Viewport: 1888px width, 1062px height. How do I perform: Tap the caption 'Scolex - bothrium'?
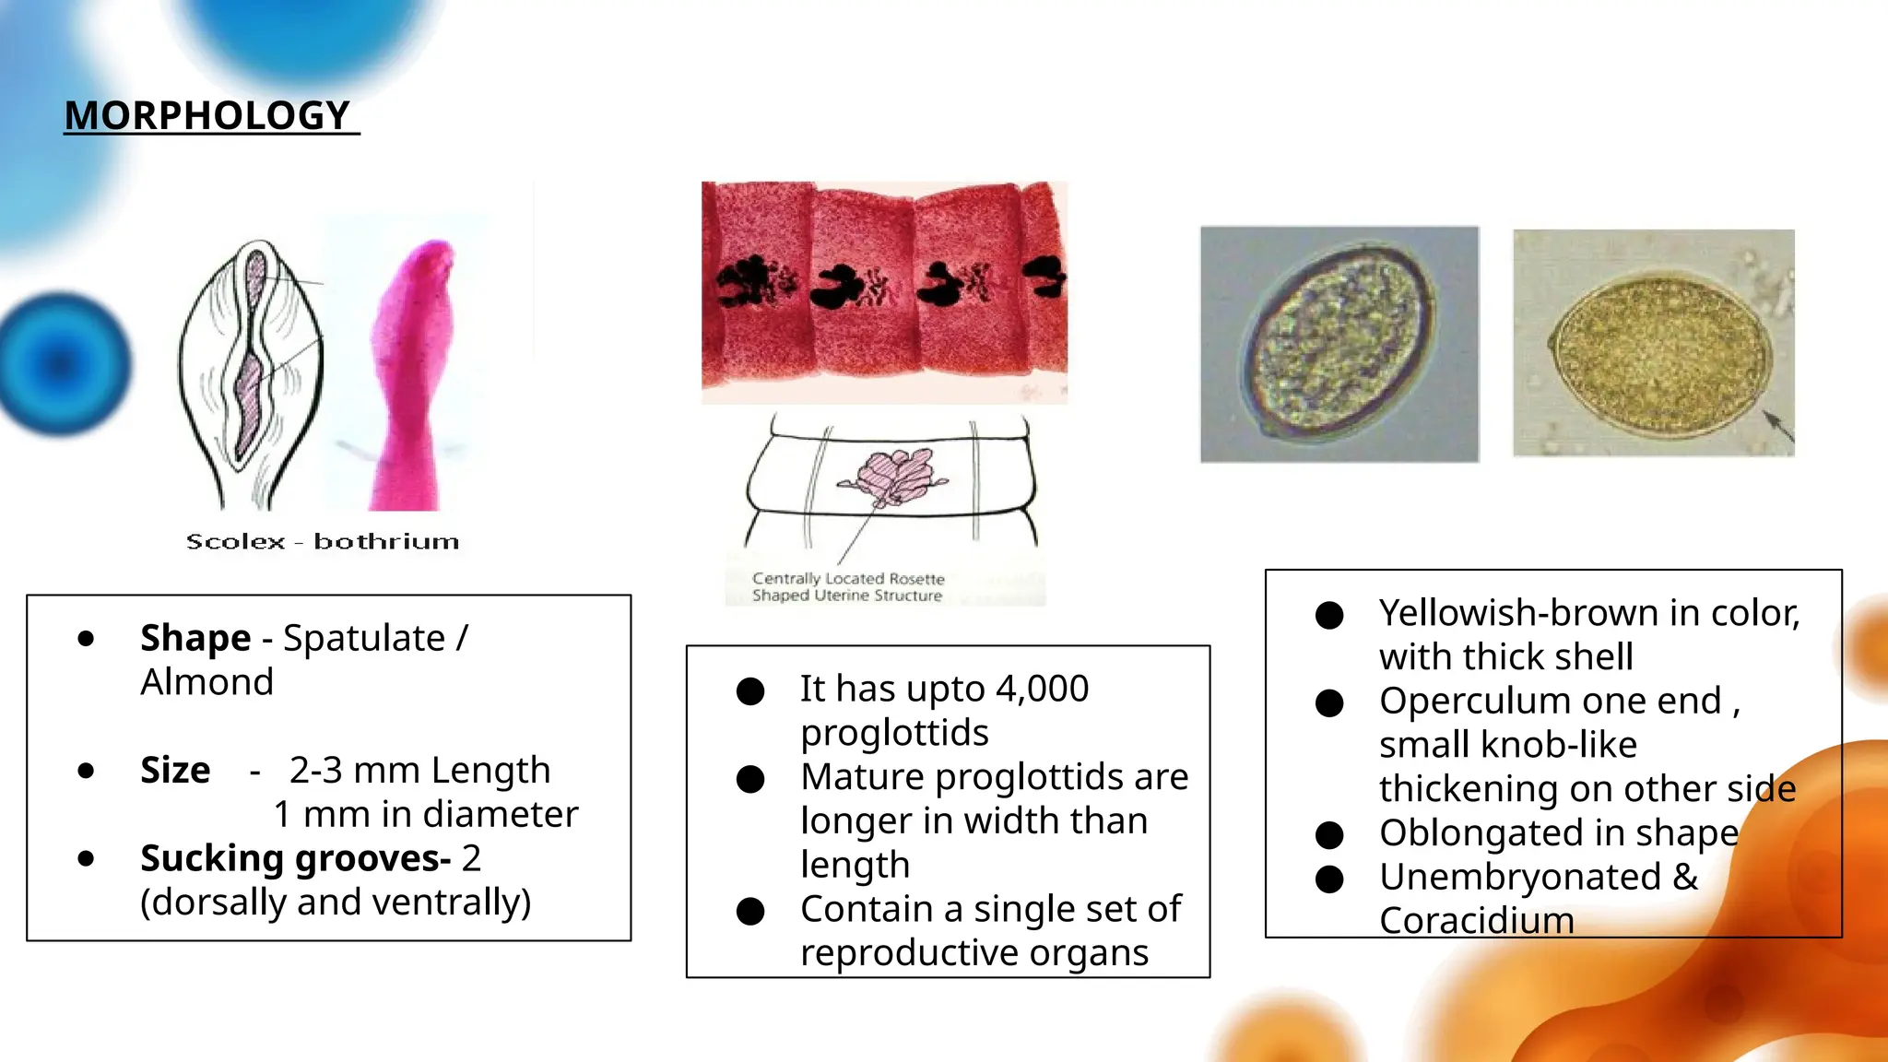[x=323, y=542]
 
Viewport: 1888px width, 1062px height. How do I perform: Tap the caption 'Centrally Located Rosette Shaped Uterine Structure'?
[x=848, y=587]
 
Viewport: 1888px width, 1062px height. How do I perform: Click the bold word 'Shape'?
[x=195, y=638]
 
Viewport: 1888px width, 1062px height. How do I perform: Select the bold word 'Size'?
[x=175, y=770]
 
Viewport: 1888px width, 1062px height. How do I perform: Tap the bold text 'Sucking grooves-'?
[x=295, y=858]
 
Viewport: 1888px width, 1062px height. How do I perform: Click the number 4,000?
[x=1043, y=689]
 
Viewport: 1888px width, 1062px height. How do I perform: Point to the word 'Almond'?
[x=207, y=682]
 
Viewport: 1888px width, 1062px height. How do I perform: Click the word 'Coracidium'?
[x=1477, y=920]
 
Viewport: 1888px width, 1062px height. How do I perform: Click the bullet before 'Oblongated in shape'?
[x=1329, y=835]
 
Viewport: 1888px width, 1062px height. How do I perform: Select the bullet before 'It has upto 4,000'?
[x=750, y=691]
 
